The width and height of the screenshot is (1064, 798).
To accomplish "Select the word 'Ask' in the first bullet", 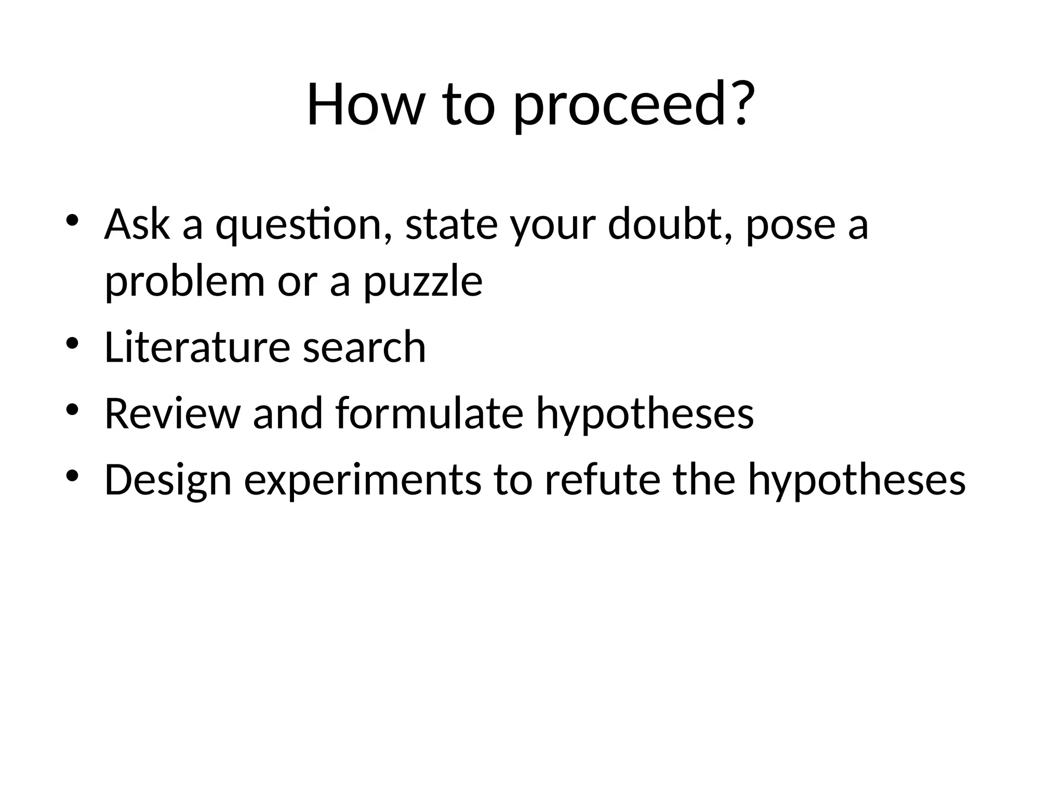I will pos(137,224).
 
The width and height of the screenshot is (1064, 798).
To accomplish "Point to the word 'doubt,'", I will pos(670,224).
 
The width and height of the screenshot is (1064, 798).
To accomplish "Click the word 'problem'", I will pos(184,283).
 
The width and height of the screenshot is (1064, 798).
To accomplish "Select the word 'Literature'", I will pos(197,347).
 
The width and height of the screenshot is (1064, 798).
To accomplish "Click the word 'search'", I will pos(364,347).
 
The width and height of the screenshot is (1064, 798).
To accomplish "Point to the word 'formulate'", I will pos(429,414).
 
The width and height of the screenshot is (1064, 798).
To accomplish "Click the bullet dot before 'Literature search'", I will pos(72,343).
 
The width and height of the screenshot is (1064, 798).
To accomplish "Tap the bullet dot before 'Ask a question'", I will pos(72,220).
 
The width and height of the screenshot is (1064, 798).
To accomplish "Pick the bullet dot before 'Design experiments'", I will pos(72,476).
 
